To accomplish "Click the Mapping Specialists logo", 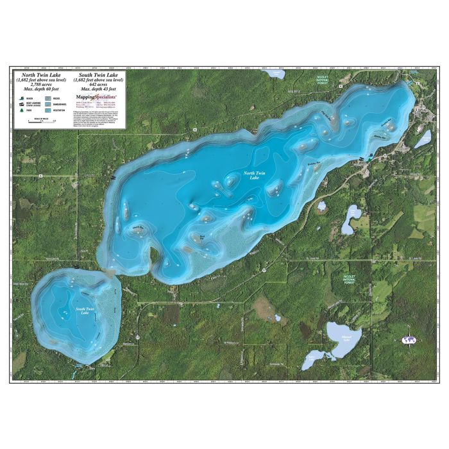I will (100, 97).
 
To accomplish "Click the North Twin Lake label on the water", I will (251, 174).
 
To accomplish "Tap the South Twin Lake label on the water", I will (84, 310).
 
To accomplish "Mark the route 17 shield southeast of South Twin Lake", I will (137, 335).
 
